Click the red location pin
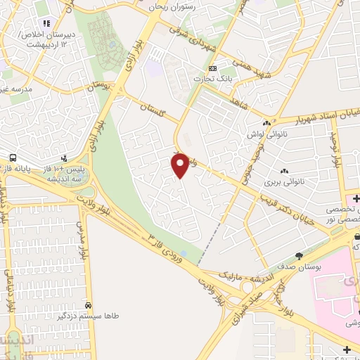coord(181,165)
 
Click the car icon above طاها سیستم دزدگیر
coord(88,306)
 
